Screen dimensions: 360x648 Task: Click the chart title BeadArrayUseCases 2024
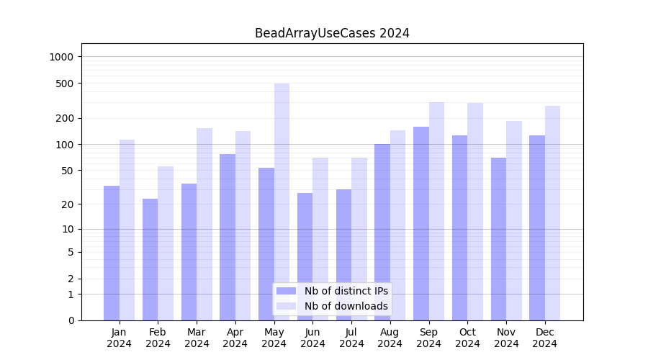click(332, 33)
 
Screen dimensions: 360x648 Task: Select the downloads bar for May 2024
click(282, 202)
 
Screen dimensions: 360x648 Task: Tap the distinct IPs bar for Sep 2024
click(421, 223)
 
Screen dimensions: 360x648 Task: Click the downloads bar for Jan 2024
click(127, 230)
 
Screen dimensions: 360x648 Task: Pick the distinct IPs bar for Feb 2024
click(150, 259)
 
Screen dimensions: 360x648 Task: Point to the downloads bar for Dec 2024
click(552, 213)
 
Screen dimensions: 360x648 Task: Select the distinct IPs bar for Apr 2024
click(228, 237)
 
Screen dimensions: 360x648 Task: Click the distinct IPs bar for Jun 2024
click(305, 256)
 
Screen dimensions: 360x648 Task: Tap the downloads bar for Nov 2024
click(514, 220)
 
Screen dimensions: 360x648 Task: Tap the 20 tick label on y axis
click(68, 204)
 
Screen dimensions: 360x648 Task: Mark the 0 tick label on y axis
click(71, 320)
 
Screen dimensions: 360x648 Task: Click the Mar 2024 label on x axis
click(197, 338)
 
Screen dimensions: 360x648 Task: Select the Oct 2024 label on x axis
click(467, 338)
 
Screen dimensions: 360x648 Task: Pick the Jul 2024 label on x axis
click(351, 338)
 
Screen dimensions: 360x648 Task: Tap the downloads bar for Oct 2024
click(475, 212)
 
